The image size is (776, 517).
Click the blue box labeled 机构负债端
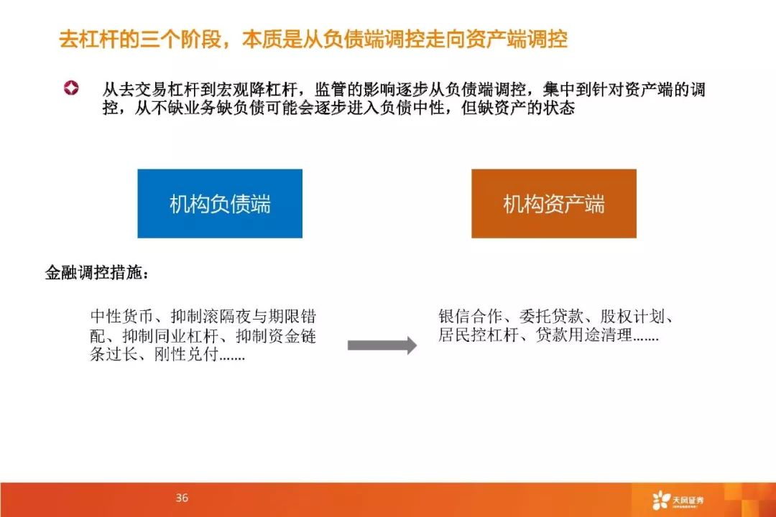click(x=220, y=203)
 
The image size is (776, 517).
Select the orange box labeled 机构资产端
click(x=554, y=203)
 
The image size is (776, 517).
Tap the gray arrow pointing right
click(x=382, y=345)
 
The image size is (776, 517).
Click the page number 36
click(x=182, y=498)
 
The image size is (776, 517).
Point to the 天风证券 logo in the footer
click(x=678, y=500)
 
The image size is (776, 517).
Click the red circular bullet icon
click(x=71, y=88)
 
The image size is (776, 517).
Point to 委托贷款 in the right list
click(x=551, y=316)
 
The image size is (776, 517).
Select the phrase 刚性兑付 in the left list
click(x=186, y=354)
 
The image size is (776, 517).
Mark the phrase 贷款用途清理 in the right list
click(x=584, y=335)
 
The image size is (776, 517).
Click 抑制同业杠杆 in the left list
click(x=170, y=336)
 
